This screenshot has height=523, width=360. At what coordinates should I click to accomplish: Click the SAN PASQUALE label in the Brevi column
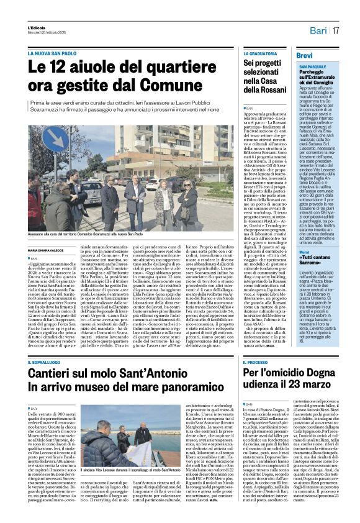(x=314, y=66)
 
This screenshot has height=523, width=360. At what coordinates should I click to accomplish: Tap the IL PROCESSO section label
(x=259, y=362)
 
